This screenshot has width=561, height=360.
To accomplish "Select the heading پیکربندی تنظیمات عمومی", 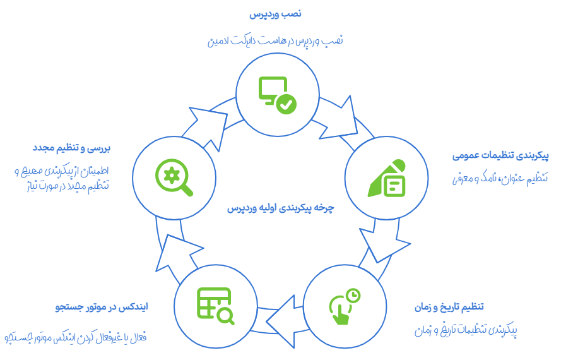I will (x=500, y=155).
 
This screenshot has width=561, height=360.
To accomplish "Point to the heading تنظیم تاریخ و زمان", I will (x=449, y=307).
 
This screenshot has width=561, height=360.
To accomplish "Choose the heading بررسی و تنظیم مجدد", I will (x=71, y=148).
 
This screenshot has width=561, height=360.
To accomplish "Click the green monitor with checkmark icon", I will (x=277, y=95).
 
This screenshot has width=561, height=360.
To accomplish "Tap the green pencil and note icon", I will (x=386, y=179).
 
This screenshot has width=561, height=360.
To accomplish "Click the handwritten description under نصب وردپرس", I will (x=275, y=40).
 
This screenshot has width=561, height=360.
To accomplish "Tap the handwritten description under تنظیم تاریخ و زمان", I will (x=466, y=330).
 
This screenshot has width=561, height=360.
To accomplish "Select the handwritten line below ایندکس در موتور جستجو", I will (x=75, y=338).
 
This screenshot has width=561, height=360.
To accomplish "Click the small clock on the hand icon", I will (x=353, y=295).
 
